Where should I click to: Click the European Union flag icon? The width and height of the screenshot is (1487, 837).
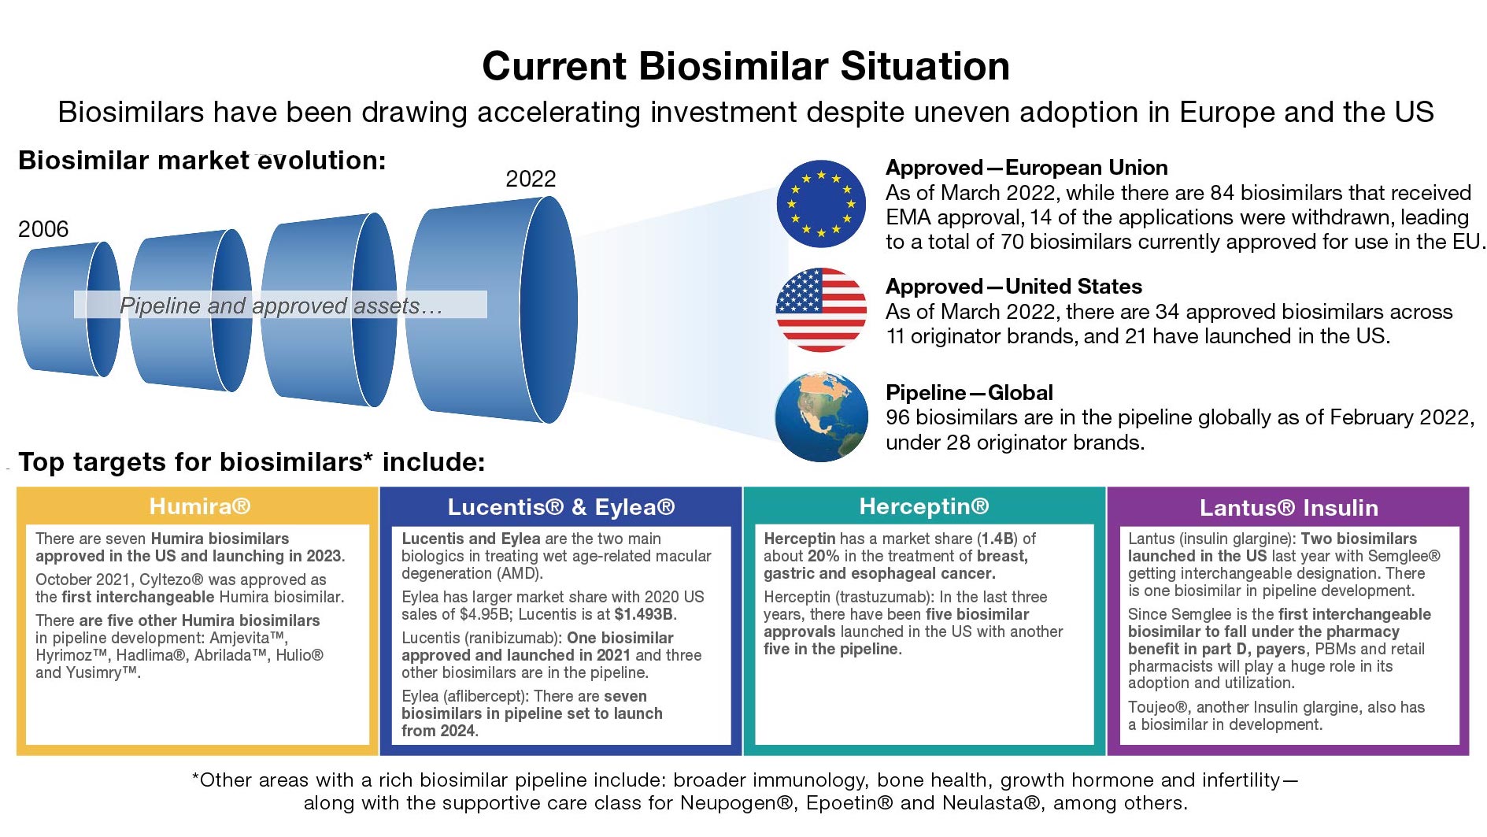tap(821, 203)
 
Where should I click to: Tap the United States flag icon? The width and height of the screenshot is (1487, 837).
tap(821, 309)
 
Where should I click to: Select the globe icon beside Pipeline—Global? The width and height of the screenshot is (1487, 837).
tap(821, 417)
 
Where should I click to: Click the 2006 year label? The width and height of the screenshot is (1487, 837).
tap(43, 229)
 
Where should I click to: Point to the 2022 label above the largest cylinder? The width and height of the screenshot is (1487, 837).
tap(531, 179)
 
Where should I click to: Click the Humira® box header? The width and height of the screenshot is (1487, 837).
tap(200, 506)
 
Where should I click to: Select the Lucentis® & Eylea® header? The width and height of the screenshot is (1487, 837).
tap(561, 507)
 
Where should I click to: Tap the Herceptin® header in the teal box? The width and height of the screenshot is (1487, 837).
tap(924, 506)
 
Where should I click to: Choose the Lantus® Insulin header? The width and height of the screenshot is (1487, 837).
tap(1289, 508)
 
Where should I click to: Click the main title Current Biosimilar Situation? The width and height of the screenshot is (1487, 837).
tap(745, 66)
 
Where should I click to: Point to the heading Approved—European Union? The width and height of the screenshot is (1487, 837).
tap(1026, 168)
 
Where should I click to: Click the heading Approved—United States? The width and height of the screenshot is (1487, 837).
tap(1014, 287)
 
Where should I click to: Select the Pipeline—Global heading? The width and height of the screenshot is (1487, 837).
tap(969, 393)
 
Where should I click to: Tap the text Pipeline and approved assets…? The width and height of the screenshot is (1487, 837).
tap(281, 306)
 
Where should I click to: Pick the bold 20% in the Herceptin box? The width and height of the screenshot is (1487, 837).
tap(823, 556)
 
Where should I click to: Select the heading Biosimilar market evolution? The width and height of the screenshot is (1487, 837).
tap(202, 161)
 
